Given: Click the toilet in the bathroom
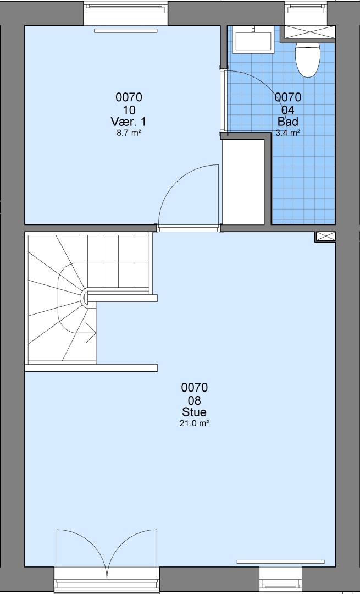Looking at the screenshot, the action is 307,59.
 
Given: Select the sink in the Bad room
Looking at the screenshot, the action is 253,40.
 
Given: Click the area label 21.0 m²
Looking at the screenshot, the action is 194,424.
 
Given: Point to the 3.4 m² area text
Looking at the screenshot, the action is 287,133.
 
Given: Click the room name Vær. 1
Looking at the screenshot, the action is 128,122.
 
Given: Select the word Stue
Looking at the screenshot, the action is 194,412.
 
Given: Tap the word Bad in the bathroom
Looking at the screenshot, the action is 287,122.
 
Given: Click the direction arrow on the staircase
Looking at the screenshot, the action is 91,333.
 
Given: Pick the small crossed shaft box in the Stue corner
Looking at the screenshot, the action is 325,237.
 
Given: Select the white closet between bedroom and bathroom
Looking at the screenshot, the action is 243,182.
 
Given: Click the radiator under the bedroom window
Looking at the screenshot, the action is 125,31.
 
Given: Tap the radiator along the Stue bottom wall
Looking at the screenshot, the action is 280,562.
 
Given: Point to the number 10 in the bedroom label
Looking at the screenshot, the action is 129,110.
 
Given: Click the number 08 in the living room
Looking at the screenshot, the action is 194,400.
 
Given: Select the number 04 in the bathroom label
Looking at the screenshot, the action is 287,110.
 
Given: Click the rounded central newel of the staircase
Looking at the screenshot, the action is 86,298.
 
